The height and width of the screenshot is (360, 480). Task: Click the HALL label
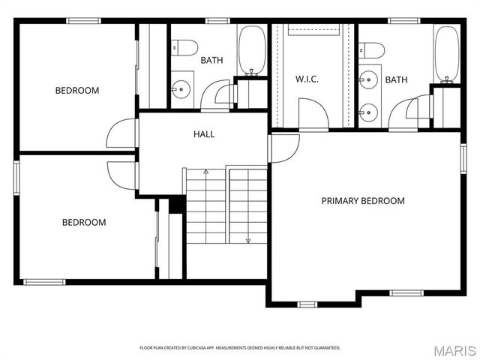(204, 134)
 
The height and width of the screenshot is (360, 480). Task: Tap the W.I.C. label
(307, 79)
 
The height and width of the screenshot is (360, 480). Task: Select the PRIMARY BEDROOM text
(363, 201)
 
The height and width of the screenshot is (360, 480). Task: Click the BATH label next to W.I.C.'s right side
(396, 79)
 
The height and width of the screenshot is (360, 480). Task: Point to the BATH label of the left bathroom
(211, 60)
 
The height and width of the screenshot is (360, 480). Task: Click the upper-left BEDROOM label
(77, 91)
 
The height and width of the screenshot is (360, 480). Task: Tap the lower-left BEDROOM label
(83, 222)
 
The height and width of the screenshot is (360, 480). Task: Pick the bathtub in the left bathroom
(252, 51)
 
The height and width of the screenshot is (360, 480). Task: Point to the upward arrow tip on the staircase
(206, 172)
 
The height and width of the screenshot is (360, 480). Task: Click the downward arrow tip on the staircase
(247, 241)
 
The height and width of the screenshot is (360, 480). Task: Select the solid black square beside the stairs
(176, 205)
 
